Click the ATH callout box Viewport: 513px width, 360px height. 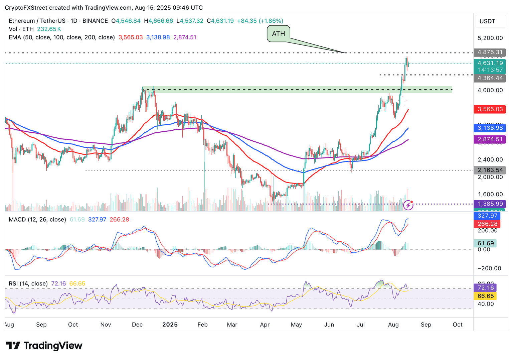pos(278,34)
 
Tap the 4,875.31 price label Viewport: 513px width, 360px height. pos(490,52)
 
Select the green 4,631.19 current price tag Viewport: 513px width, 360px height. pos(490,63)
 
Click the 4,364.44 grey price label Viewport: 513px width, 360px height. pos(490,78)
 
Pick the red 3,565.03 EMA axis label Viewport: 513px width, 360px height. pos(490,109)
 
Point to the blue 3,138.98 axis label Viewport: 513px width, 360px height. pos(490,128)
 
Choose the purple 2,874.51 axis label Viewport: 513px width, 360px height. pos(490,139)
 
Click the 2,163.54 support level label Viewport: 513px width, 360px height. pos(490,170)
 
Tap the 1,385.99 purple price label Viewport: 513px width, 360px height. pos(490,204)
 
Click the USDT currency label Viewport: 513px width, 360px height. pos(487,21)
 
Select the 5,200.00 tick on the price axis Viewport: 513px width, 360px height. pos(490,38)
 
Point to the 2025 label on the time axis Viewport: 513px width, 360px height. pos(170,325)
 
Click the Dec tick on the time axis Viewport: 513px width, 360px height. pos(137,325)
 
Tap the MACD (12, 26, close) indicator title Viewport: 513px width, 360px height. pos(37,220)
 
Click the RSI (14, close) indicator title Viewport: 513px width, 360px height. pos(28,284)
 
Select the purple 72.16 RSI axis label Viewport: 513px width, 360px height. pos(485,288)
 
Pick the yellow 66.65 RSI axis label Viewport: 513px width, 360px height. pos(485,296)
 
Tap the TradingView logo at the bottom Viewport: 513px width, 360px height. pos(44,345)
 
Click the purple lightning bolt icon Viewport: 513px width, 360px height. pos(408,205)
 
